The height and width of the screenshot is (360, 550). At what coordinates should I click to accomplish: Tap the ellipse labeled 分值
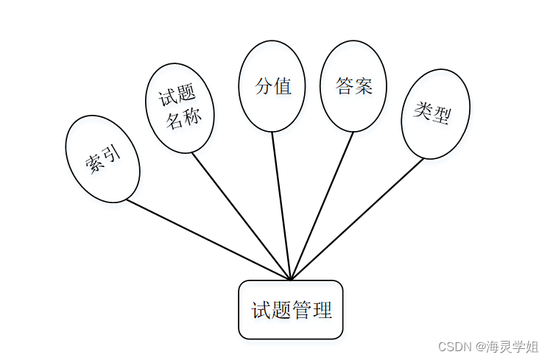pyautogui.click(x=272, y=85)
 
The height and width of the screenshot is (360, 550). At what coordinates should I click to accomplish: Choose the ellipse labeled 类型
pyautogui.click(x=434, y=113)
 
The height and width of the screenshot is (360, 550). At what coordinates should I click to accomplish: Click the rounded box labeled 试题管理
pyautogui.click(x=291, y=310)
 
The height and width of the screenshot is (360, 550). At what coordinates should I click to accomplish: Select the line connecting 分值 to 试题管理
pyautogui.click(x=282, y=206)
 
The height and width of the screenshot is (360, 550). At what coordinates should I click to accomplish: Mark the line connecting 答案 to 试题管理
pyautogui.click(x=322, y=206)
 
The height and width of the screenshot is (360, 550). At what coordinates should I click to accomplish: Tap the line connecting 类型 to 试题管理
pyautogui.click(x=357, y=219)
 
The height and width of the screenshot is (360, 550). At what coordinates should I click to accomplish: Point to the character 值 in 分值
pyautogui.click(x=283, y=86)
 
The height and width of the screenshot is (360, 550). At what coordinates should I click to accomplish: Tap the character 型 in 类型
pyautogui.click(x=442, y=116)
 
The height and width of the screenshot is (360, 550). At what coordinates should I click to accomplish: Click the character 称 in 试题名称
pyautogui.click(x=192, y=118)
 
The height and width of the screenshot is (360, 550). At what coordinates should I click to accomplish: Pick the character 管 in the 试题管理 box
pyautogui.click(x=301, y=310)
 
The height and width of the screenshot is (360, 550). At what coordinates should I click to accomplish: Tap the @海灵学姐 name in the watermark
pyautogui.click(x=507, y=346)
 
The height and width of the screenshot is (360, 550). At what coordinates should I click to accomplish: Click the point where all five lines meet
pyautogui.click(x=291, y=280)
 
